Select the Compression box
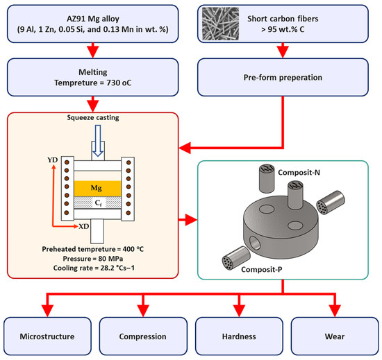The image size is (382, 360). tap(143, 336)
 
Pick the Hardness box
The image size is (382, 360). tap(239, 336)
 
